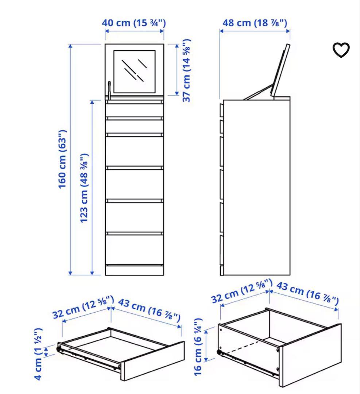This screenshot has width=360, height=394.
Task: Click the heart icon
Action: pos(341,50)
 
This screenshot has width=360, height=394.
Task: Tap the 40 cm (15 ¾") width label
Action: pos(134,23)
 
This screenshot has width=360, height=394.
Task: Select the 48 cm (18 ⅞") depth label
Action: pos(255,23)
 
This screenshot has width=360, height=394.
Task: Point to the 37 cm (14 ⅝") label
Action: pos(186,70)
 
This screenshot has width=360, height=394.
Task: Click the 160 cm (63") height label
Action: pos(63,159)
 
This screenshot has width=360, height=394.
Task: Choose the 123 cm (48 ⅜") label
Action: pos(84,188)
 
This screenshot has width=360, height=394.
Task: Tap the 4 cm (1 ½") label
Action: pos(38,354)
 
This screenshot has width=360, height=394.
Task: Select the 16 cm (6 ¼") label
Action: pos(198,347)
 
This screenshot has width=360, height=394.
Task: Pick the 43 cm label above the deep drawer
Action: pos(307,293)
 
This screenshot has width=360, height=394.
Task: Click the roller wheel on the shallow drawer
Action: pos(59,349)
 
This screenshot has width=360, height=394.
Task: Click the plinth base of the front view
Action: pos(134,270)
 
